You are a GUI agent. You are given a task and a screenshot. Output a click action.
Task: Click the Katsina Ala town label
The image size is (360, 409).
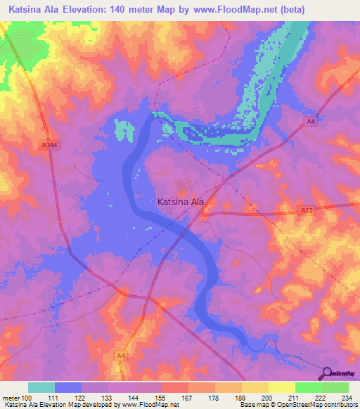click(x=180, y=202)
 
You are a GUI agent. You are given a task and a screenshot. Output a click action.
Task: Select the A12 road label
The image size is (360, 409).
click(x=305, y=209)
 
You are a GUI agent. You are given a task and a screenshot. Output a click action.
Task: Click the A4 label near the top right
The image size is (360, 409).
click(x=310, y=121)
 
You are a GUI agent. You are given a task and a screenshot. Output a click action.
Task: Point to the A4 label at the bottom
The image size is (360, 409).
click(x=121, y=356)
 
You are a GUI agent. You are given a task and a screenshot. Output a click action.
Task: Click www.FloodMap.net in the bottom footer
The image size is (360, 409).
click(x=150, y=404)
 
